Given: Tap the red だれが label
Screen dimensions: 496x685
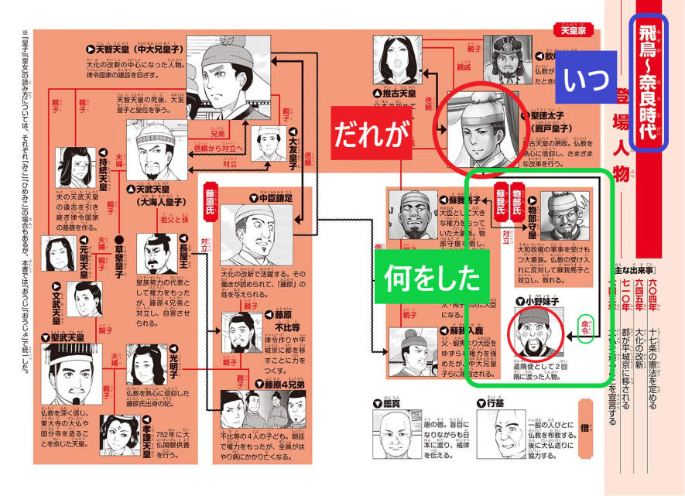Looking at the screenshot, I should (371, 134).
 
